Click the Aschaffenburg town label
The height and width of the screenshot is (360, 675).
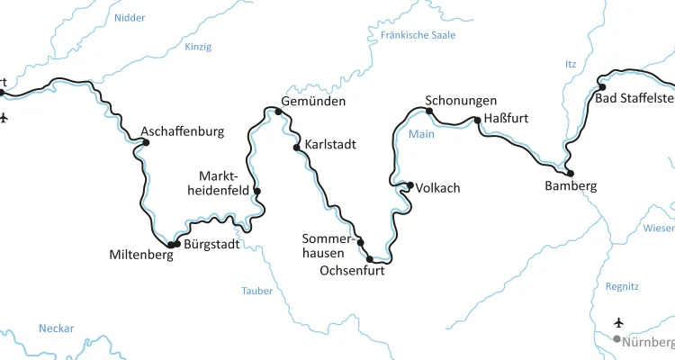(x=182, y=131)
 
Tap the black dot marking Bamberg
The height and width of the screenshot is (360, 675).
(x=570, y=173)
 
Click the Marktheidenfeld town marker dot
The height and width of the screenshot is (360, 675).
(x=257, y=191)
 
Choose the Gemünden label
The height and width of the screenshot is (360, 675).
(x=313, y=102)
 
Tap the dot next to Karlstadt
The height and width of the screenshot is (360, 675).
(x=296, y=147)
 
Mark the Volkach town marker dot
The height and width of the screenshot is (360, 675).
(x=410, y=185)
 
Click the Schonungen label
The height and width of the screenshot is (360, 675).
(x=461, y=101)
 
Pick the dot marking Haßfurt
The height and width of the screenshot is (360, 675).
(x=477, y=119)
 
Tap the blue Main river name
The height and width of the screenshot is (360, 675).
(x=421, y=135)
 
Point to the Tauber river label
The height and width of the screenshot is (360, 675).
(x=256, y=291)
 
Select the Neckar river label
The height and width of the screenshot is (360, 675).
(x=56, y=328)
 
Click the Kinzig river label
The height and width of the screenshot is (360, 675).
(x=198, y=47)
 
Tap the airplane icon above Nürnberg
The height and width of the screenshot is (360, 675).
(x=618, y=322)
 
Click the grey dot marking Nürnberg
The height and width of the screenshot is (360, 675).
(x=616, y=339)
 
